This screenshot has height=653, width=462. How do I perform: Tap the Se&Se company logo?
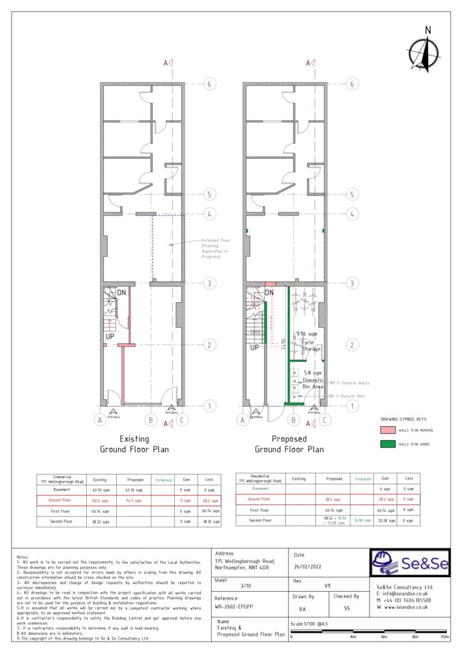click(x=410, y=563)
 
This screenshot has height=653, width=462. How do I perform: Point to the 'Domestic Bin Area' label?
click(x=313, y=380)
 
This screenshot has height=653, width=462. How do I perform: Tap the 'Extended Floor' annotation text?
click(x=216, y=242)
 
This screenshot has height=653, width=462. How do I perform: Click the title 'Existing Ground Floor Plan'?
click(x=135, y=444)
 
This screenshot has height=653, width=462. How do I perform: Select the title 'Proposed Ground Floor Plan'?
click(x=289, y=444)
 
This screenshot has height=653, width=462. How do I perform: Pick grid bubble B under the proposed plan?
click(x=293, y=420)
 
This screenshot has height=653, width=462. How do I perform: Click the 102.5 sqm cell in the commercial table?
click(x=99, y=501)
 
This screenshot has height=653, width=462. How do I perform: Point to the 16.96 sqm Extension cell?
click(x=363, y=521)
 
